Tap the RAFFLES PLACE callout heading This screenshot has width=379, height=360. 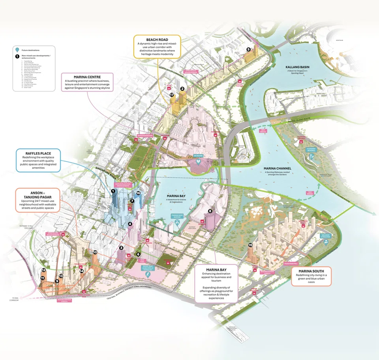pos(38,153)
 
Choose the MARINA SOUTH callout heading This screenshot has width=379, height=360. pos(311,270)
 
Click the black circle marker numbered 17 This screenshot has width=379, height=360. pos(171,95)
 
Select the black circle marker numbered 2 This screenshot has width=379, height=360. pos(182,89)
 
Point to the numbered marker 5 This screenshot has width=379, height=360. pos(248,49)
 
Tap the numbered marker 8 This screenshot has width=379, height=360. pos(210,211)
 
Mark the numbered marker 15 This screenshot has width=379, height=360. pos(250,245)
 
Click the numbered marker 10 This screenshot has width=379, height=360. pos(95,252)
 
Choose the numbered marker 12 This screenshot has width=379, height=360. pos(44,270)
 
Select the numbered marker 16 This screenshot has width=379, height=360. pos(138,193)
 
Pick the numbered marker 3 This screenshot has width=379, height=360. pos(122,248)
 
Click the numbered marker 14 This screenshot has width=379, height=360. pos(81,271)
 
